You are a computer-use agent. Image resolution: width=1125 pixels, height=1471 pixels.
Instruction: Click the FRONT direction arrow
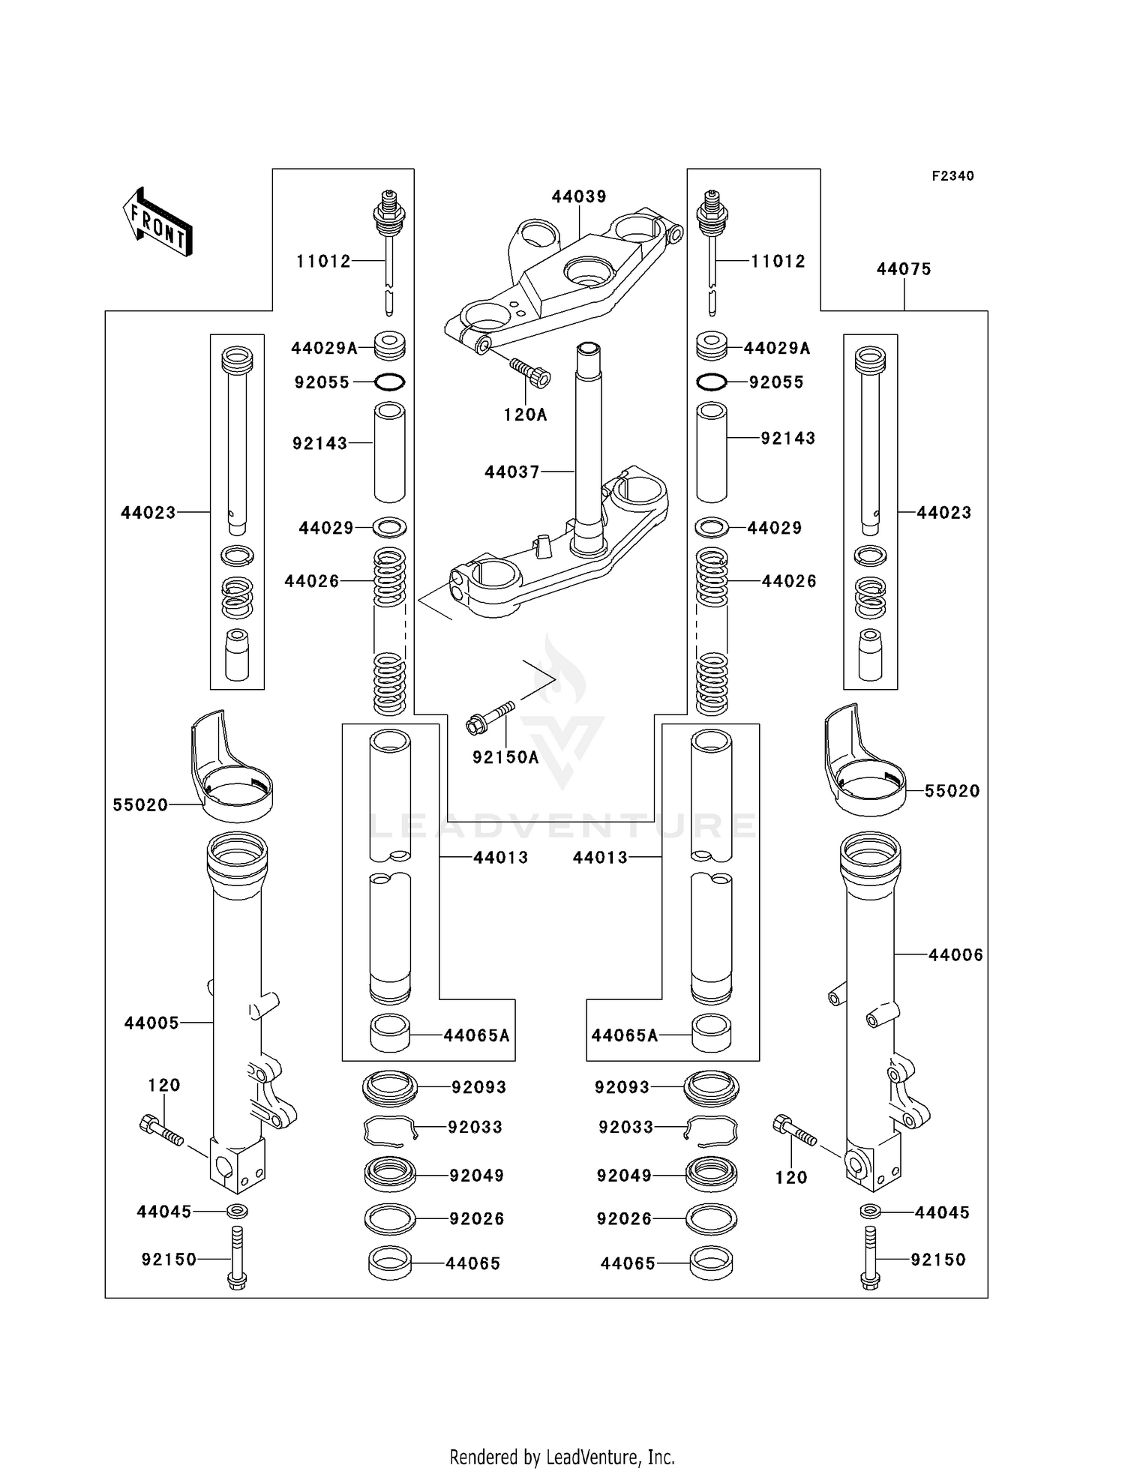pyautogui.click(x=158, y=223)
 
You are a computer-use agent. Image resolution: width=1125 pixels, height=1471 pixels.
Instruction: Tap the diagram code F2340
pyautogui.click(x=952, y=176)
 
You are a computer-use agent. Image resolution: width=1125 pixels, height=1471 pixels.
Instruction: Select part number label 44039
pyautogui.click(x=579, y=196)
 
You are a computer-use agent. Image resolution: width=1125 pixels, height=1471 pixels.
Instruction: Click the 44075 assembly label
pyautogui.click(x=904, y=269)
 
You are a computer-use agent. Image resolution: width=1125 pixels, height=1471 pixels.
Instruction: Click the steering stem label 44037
pyautogui.click(x=512, y=472)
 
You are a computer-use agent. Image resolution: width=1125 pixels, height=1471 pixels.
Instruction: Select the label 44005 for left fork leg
pyautogui.click(x=151, y=1023)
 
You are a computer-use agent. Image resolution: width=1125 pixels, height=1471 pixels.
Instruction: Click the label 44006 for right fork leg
pyautogui.click(x=955, y=955)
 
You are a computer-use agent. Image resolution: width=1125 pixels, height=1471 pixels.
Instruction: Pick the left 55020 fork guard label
pyautogui.click(x=140, y=805)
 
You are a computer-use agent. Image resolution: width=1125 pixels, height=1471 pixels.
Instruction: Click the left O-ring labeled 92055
pyautogui.click(x=390, y=382)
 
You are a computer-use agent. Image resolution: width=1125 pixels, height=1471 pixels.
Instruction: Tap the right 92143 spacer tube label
pyautogui.click(x=787, y=439)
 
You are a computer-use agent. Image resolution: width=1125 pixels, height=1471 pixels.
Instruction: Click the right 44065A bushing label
pyautogui.click(x=624, y=1036)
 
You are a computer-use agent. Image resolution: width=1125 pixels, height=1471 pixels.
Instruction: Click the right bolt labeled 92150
pyautogui.click(x=870, y=1260)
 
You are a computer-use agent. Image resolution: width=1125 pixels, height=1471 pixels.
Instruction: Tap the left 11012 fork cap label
pyautogui.click(x=323, y=262)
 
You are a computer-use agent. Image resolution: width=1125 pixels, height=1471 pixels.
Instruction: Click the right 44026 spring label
pyautogui.click(x=789, y=581)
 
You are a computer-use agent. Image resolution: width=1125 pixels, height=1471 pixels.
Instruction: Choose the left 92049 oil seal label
pyautogui.click(x=476, y=1176)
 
